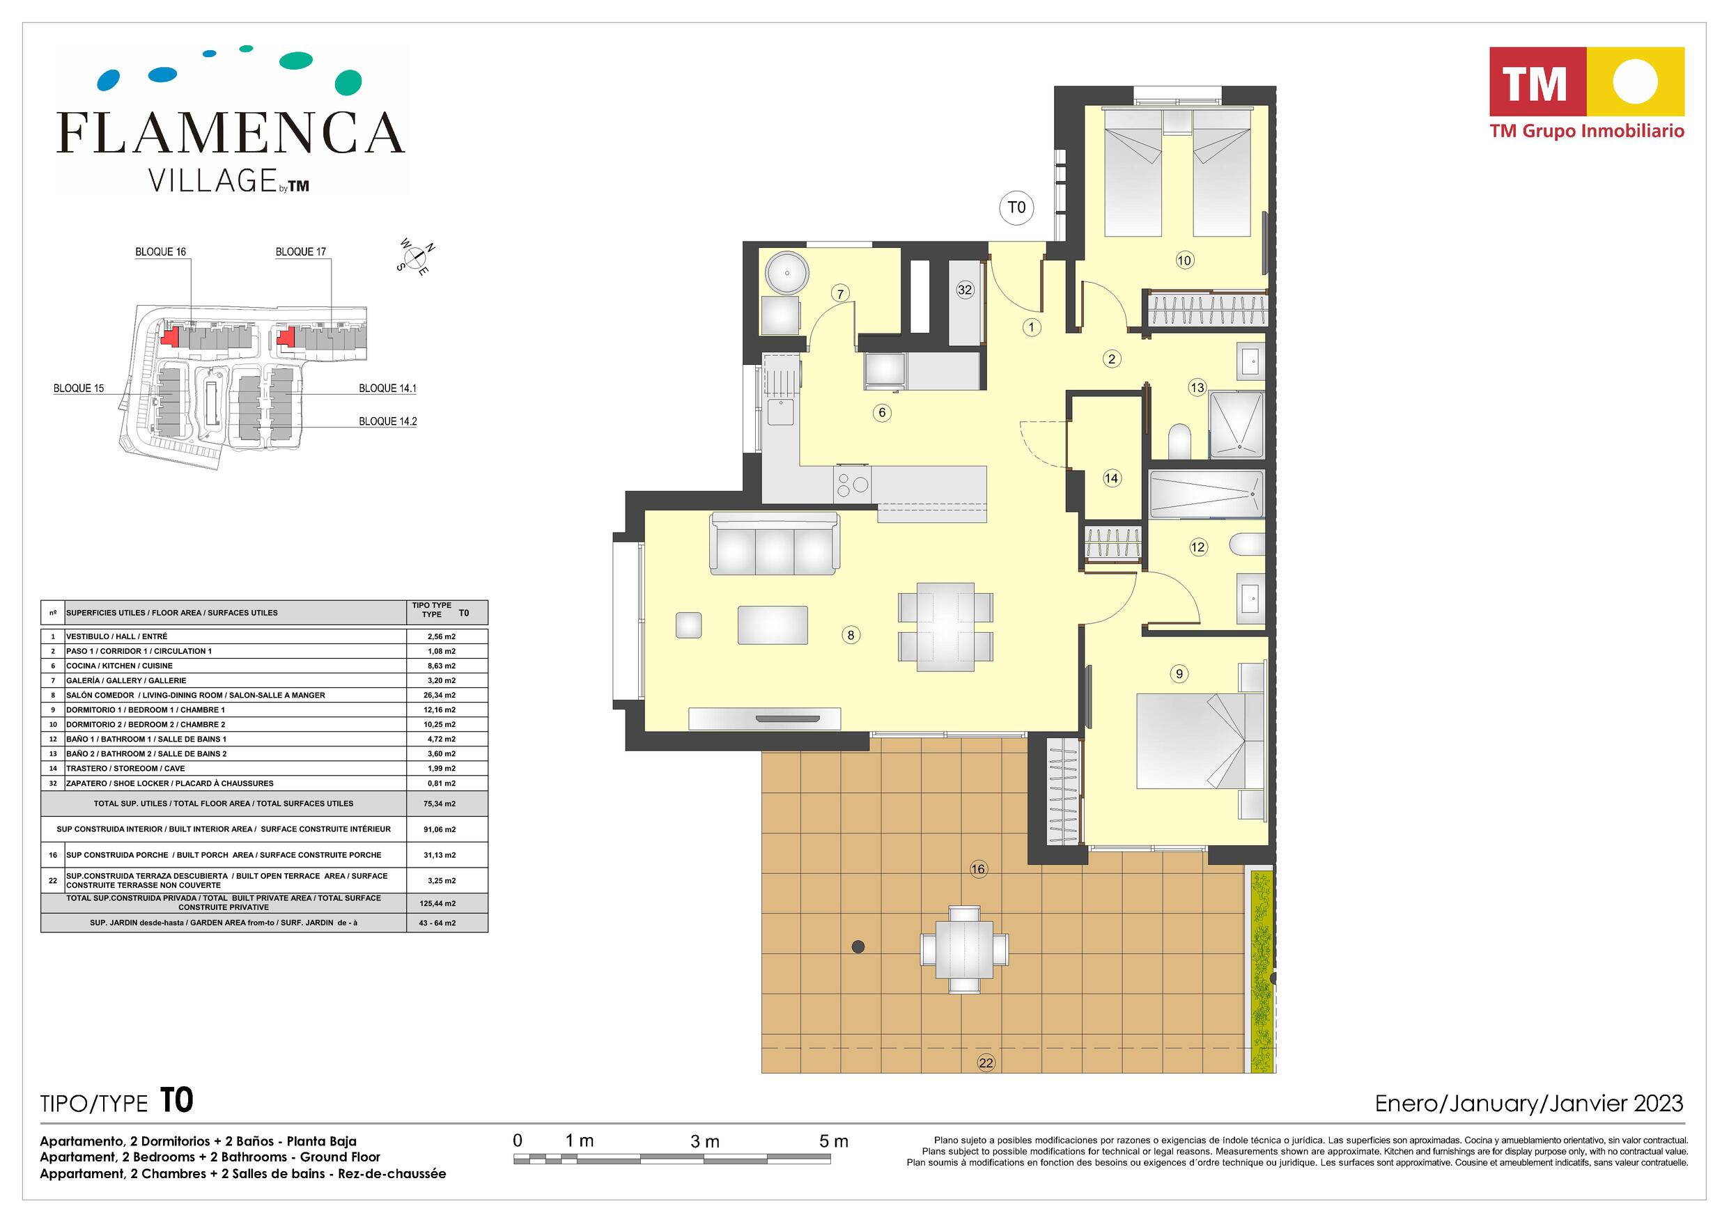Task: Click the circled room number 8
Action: [x=851, y=635]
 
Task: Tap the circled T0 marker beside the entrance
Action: [x=1016, y=207]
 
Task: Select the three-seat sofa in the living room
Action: [x=775, y=544]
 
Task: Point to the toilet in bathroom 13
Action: [x=1179, y=441]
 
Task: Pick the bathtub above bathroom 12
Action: [x=1207, y=494]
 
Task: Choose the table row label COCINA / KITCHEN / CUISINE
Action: [x=120, y=666]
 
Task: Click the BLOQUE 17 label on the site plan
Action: [x=300, y=251]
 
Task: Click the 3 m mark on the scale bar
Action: [x=705, y=1141]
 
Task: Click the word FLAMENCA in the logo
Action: [x=231, y=132]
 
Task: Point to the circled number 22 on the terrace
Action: [x=986, y=1063]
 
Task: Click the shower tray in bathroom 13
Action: [x=1237, y=425]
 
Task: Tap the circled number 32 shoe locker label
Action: [x=966, y=290]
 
